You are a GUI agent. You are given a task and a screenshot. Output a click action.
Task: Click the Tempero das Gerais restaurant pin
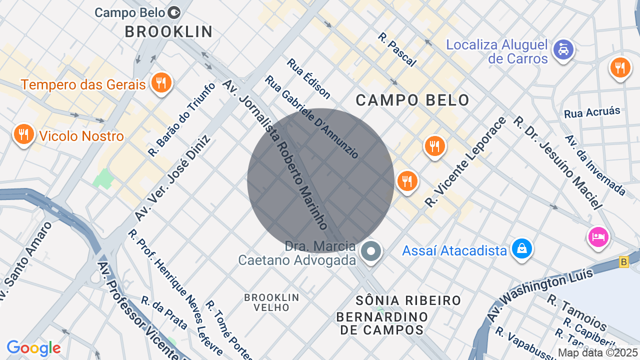click(160, 83)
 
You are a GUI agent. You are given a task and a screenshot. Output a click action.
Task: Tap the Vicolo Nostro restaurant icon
click(23, 134)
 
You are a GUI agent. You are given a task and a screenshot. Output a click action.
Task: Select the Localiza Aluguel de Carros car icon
click(563, 50)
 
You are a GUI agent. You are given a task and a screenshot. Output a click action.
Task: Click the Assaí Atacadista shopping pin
click(521, 248)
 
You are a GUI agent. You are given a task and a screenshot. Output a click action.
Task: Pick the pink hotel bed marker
click(598, 236)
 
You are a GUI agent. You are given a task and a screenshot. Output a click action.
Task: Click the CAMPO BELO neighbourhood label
click(412, 100)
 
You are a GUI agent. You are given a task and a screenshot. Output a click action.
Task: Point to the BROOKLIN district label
click(169, 32)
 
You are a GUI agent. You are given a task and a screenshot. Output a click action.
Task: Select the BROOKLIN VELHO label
click(271, 302)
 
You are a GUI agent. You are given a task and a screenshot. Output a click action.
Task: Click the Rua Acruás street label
click(592, 112)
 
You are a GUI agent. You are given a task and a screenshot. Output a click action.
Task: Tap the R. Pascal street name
click(397, 49)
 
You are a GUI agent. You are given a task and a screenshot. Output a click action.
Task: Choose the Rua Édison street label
click(308, 78)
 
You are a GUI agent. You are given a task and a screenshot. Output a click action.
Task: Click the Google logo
click(33, 348)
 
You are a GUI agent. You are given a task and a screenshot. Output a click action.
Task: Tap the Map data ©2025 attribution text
click(598, 352)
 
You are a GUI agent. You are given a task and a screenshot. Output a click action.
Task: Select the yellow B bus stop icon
click(623, 261)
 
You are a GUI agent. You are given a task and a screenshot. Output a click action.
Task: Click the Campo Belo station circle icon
click(174, 11)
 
